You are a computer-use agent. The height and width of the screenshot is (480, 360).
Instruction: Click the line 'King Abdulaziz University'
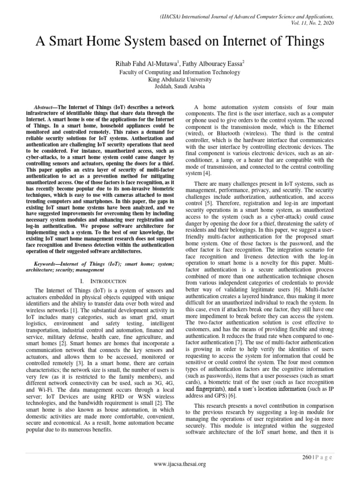coord(180,80)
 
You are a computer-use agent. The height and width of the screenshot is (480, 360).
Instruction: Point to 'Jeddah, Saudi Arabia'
coord(180,87)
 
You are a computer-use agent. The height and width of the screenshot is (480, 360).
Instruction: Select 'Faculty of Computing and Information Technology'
coord(180,73)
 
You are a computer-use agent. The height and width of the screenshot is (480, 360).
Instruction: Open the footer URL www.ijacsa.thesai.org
coord(180,464)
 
